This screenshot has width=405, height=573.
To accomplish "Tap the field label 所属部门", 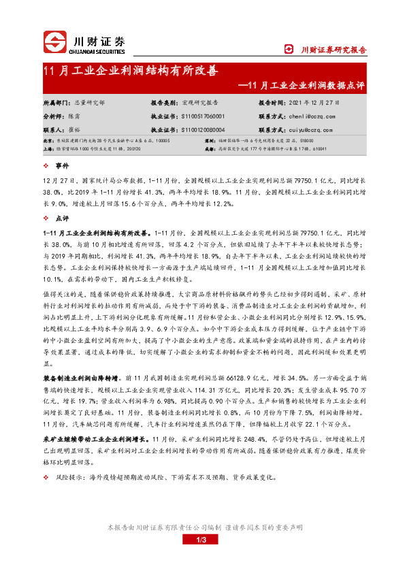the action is (56, 102).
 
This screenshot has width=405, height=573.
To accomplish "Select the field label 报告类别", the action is (164, 102).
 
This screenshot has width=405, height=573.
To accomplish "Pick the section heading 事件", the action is (62, 165).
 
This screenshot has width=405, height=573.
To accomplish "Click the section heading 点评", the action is (62, 219).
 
